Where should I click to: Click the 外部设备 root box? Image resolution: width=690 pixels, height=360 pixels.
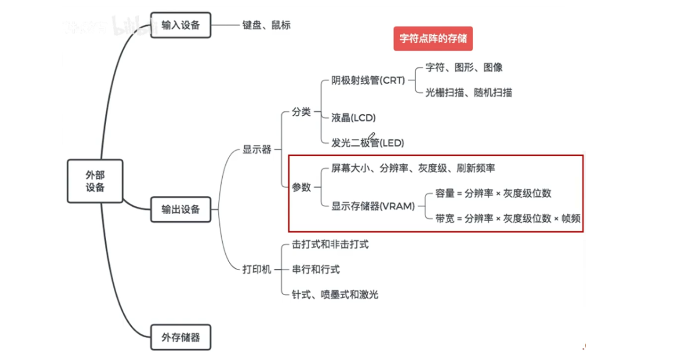point(95,181)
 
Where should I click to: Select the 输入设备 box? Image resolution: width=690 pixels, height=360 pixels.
point(181,26)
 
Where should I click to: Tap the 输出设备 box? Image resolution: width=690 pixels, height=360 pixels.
point(181,209)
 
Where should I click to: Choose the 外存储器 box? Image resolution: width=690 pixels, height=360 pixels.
point(181,337)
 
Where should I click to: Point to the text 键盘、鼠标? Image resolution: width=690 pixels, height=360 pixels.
point(266,26)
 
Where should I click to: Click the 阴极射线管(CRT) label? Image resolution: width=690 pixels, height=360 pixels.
point(368,80)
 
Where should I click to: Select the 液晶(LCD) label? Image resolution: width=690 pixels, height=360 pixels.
point(353,118)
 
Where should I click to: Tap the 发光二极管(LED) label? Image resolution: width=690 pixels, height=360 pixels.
point(368,143)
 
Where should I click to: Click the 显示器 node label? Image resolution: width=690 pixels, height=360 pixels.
point(257,150)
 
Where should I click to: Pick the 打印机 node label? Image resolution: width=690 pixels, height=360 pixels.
point(257,269)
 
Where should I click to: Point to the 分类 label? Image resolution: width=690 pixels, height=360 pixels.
point(301,112)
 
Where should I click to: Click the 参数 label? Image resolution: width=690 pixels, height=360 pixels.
point(301,187)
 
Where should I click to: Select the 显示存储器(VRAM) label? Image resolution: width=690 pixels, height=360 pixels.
point(373,206)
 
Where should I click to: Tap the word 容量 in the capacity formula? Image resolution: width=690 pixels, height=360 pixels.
point(445,193)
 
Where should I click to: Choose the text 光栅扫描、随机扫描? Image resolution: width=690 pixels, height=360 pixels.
point(468,92)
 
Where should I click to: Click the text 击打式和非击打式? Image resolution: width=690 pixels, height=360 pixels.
point(330,244)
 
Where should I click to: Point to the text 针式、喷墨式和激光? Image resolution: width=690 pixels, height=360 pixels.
point(335,294)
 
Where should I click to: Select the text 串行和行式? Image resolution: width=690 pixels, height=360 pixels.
point(316,269)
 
